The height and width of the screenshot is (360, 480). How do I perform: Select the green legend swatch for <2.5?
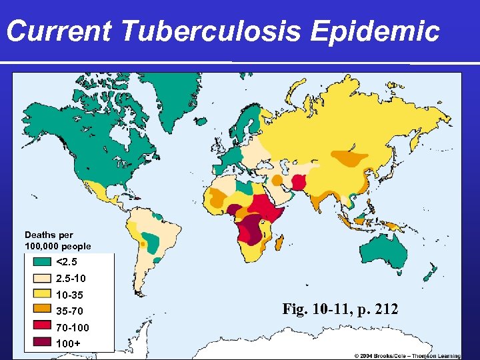click(41, 262)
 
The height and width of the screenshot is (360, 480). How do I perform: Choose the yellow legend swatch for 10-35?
click(41, 295)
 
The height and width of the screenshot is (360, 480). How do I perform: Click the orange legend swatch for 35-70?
click(41, 311)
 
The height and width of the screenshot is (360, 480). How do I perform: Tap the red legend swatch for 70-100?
click(41, 328)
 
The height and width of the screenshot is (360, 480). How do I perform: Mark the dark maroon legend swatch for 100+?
click(41, 344)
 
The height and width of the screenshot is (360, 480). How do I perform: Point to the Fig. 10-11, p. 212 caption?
click(340, 309)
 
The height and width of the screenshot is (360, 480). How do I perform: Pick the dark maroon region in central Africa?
click(253, 231)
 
